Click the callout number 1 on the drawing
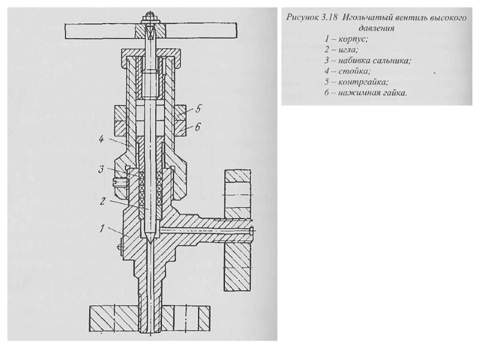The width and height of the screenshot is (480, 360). point(102,229)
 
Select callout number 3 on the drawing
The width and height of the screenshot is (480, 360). point(102,170)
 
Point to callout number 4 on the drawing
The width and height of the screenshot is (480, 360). point(102,140)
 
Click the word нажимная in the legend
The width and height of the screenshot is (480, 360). point(359,93)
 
